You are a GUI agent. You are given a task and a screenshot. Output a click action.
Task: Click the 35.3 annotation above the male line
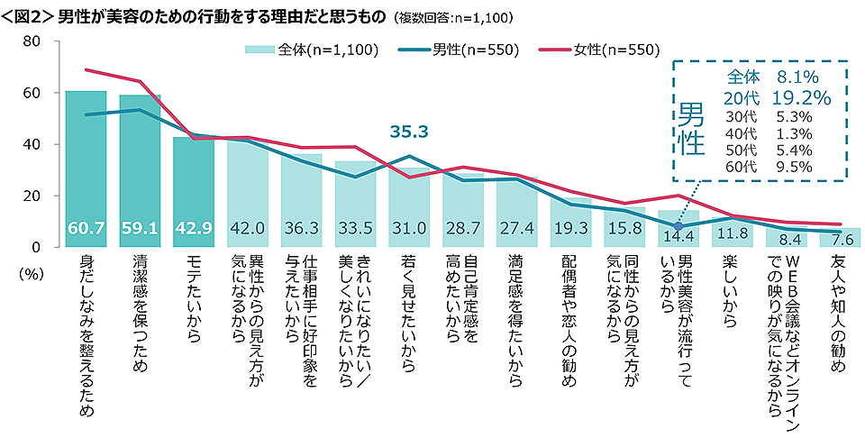408,132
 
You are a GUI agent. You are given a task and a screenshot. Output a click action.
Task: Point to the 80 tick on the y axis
32,41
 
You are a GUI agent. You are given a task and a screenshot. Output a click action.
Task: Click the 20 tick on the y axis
32,196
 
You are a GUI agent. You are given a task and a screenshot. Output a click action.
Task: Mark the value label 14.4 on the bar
678,238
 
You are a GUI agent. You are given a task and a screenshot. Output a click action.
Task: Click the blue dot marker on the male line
678,226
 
